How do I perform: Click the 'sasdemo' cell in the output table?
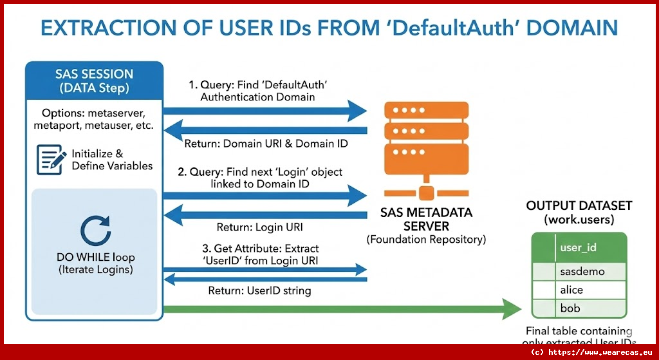coord(582,271)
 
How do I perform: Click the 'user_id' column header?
coord(580,247)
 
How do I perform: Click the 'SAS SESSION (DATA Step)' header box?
coord(94,81)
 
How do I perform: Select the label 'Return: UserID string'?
coord(259,290)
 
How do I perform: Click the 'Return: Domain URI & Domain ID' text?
coord(266,143)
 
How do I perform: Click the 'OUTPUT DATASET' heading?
coord(579,206)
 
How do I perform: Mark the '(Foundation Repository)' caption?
coord(426,240)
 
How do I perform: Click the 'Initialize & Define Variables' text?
coord(112,160)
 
